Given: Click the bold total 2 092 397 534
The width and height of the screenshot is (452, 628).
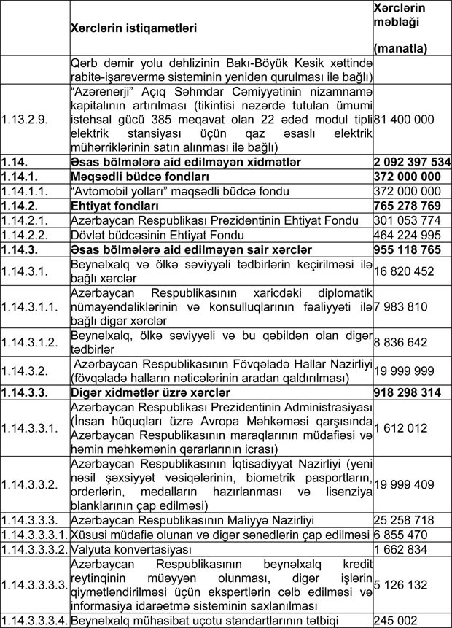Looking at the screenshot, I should (412, 161).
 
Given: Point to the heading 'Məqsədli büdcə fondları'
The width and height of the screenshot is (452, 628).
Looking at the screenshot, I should (139, 176).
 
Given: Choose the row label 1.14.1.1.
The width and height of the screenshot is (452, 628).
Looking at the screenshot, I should (21, 190).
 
